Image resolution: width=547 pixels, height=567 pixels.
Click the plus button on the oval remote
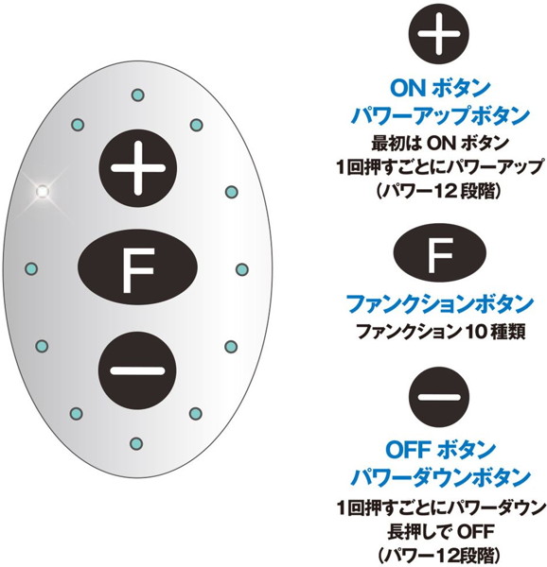click(138, 168)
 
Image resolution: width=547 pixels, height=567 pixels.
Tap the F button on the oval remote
click(137, 267)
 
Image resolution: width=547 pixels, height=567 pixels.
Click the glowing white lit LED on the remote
click(43, 191)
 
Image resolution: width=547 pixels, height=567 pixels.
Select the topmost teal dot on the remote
click(137, 95)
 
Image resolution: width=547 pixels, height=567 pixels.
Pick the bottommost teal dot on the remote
click(136, 443)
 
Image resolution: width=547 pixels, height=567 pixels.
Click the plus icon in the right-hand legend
click(439, 34)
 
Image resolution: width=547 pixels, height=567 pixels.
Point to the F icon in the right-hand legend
click(439, 253)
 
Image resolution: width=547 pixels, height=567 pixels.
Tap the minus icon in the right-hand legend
click(439, 397)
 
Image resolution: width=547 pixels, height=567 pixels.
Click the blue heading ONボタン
click(440, 88)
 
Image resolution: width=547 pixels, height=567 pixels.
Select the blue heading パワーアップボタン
click(441, 115)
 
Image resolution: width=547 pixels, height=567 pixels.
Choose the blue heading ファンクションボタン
click(440, 303)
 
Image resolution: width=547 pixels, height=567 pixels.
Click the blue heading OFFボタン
click(440, 450)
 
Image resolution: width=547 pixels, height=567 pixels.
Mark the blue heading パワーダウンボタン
click(441, 476)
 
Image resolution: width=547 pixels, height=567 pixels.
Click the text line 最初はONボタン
click(440, 144)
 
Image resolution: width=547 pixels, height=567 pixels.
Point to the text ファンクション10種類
click(441, 331)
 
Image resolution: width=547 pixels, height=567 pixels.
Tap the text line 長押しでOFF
click(441, 531)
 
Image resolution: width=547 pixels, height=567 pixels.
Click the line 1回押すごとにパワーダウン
click(441, 507)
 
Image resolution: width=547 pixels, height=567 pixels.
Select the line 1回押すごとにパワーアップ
click(440, 167)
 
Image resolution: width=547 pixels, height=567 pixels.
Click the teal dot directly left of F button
click(31, 268)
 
